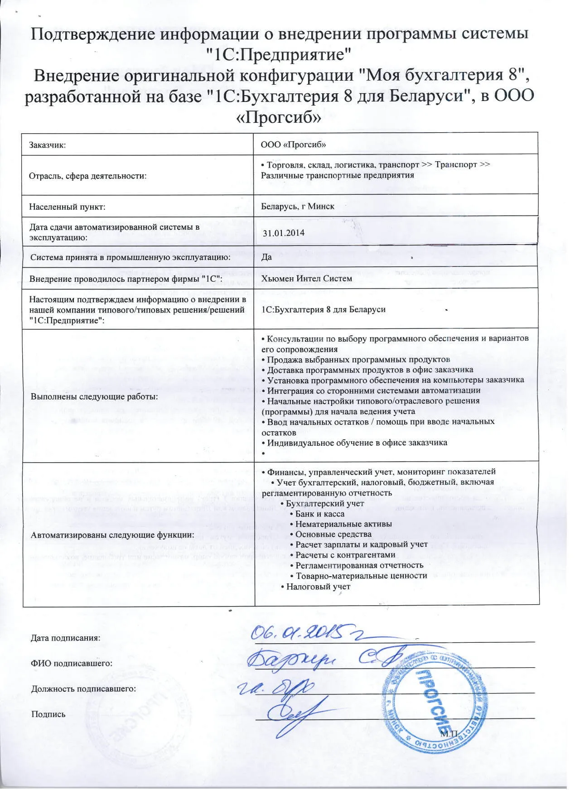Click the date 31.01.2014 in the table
(x=284, y=233)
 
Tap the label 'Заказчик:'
(x=48, y=145)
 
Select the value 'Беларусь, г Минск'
(x=298, y=207)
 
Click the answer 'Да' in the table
(x=266, y=257)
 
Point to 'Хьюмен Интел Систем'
(x=306, y=279)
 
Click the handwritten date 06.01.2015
(x=308, y=632)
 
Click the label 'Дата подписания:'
(x=65, y=638)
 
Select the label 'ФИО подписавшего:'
(x=71, y=664)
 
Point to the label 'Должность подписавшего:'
(x=83, y=689)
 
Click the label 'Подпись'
(x=48, y=714)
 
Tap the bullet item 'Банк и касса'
(x=319, y=514)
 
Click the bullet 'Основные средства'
(x=333, y=535)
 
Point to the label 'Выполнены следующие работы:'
(x=94, y=397)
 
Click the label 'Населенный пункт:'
(x=67, y=207)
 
